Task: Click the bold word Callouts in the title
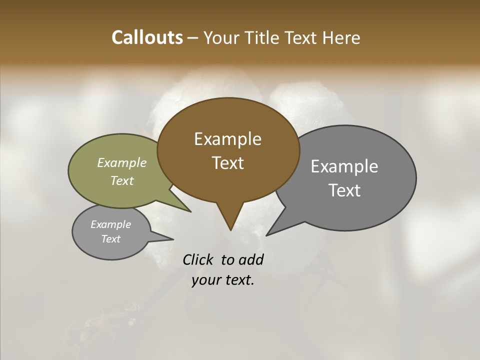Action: (x=147, y=37)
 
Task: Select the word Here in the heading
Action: (x=341, y=37)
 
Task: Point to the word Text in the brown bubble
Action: (x=227, y=162)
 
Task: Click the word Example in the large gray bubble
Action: (x=344, y=166)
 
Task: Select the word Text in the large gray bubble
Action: (x=344, y=190)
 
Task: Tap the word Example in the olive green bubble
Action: (x=122, y=162)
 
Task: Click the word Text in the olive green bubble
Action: (x=122, y=180)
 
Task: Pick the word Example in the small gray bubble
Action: (x=110, y=224)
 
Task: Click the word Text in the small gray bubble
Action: (x=110, y=238)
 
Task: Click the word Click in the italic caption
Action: (x=198, y=259)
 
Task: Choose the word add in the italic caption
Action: (x=251, y=259)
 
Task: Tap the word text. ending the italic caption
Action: (x=239, y=280)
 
